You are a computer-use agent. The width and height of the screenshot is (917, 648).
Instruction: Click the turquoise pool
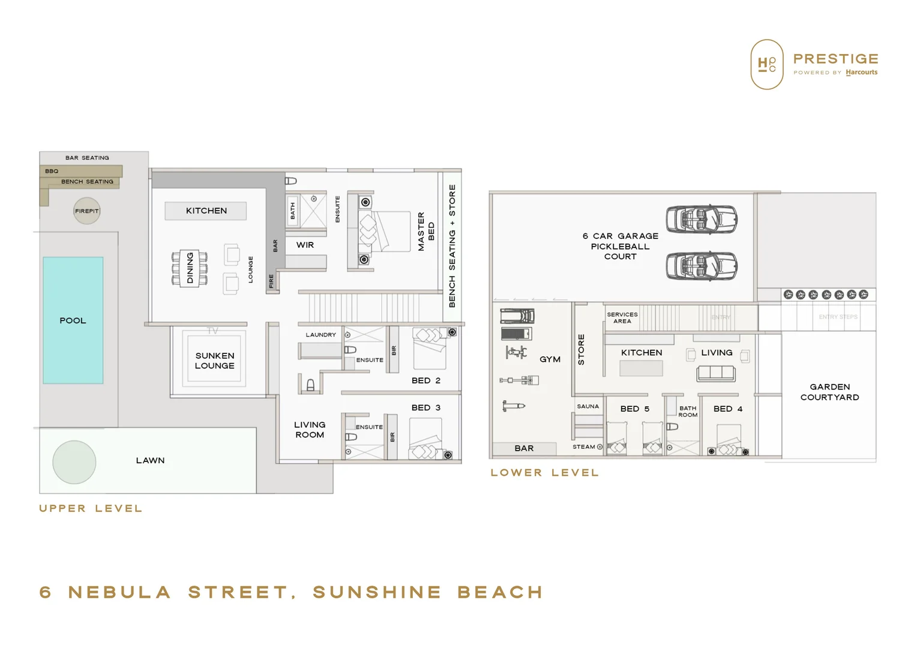73,320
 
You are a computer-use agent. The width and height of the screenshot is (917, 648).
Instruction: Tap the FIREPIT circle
87,211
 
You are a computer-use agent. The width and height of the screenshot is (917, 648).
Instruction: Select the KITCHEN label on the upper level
206,211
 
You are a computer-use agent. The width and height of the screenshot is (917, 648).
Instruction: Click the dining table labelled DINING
190,268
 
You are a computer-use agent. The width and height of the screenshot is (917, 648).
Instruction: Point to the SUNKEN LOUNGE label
215,361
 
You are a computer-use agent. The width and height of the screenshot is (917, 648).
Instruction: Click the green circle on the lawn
74,462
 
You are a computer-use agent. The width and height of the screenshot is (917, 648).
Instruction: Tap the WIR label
305,245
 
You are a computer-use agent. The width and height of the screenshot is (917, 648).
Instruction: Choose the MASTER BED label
425,231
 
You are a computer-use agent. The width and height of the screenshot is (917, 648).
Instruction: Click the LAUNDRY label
320,335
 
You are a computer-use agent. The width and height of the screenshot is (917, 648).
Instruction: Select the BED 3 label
426,407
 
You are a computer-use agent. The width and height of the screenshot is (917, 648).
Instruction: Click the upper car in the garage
702,219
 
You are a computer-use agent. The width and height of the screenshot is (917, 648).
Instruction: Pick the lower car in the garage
702,266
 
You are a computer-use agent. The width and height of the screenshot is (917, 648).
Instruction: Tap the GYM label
550,359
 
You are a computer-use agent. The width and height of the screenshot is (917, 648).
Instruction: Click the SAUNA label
588,406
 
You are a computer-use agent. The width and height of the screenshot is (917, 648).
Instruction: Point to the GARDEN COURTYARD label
829,392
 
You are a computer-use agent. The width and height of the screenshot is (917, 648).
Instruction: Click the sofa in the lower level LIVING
715,374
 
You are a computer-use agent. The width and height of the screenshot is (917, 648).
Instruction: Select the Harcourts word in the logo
861,73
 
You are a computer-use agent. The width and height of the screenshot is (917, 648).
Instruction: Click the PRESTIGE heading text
835,59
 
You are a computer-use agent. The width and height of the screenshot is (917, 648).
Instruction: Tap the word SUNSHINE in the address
377,592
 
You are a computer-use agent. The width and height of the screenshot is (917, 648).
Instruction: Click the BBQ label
52,171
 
